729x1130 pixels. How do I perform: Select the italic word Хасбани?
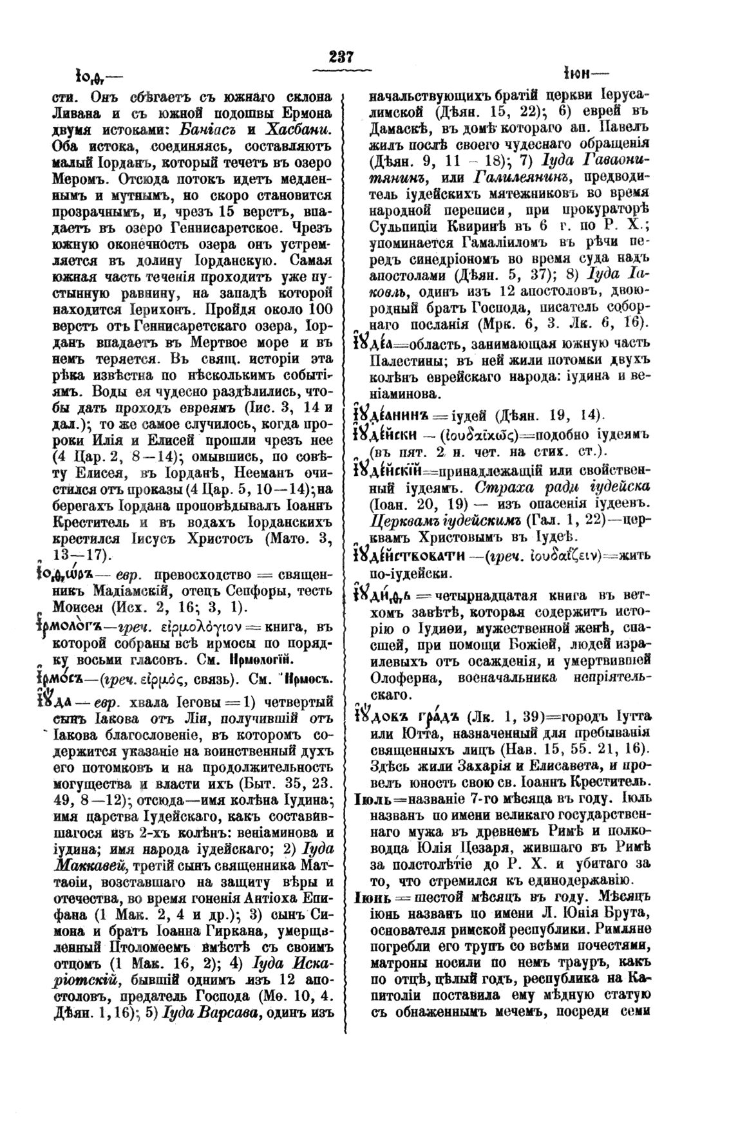(x=302, y=127)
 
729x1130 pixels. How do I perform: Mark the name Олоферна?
(x=404, y=678)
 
